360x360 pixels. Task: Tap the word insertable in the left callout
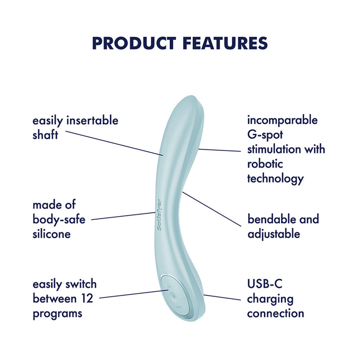[93, 121]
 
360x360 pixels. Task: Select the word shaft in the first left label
[45, 135]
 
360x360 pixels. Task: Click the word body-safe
[58, 220]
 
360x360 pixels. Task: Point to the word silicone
[51, 234]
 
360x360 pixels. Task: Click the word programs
[57, 313]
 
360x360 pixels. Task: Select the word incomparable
[283, 120]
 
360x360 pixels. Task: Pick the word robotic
[265, 164]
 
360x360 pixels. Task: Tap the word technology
[275, 179]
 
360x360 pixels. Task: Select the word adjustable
[274, 234]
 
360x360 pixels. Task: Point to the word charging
[270, 299]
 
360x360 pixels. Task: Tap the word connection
[275, 313]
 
